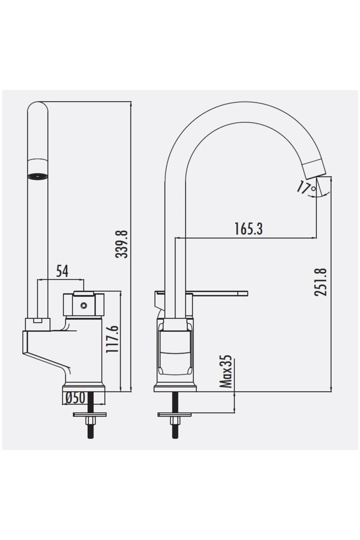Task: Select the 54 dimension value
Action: click(x=62, y=271)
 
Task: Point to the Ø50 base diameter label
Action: click(x=75, y=398)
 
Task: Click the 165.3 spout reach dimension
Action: click(x=248, y=229)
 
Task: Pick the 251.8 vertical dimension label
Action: click(x=321, y=282)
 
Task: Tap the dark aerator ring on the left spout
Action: click(x=37, y=176)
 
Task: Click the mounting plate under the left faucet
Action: click(x=90, y=415)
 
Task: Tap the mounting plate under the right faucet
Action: click(x=175, y=415)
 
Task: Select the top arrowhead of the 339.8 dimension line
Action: click(x=131, y=104)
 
